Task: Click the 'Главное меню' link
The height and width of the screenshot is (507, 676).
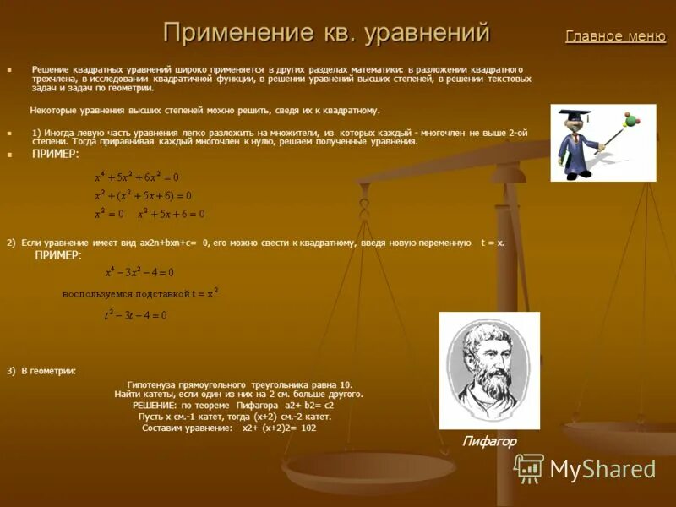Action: coord(615,36)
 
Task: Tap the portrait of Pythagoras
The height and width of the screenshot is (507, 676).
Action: coord(489,370)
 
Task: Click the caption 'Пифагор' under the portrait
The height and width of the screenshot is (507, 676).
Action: coord(488,441)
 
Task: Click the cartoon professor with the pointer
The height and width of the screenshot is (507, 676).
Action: coord(591,142)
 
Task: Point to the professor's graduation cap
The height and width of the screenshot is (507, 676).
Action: coord(571,114)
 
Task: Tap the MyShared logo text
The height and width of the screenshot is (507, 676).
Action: coord(602,469)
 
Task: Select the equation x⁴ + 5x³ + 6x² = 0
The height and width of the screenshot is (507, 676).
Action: coord(137,177)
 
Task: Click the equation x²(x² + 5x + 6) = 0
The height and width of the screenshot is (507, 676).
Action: coord(143,195)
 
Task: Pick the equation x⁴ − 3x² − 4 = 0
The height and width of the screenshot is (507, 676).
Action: coord(139,272)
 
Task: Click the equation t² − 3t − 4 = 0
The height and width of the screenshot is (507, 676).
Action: coord(135,315)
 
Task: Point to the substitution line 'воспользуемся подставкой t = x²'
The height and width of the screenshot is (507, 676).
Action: coord(140,293)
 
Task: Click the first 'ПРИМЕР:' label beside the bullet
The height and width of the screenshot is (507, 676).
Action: coord(56,155)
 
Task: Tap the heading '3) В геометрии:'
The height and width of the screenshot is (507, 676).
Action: coord(41,371)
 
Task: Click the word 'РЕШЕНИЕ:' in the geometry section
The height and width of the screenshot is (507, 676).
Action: coord(155,406)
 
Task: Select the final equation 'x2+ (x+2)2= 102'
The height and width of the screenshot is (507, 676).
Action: coord(279,428)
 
